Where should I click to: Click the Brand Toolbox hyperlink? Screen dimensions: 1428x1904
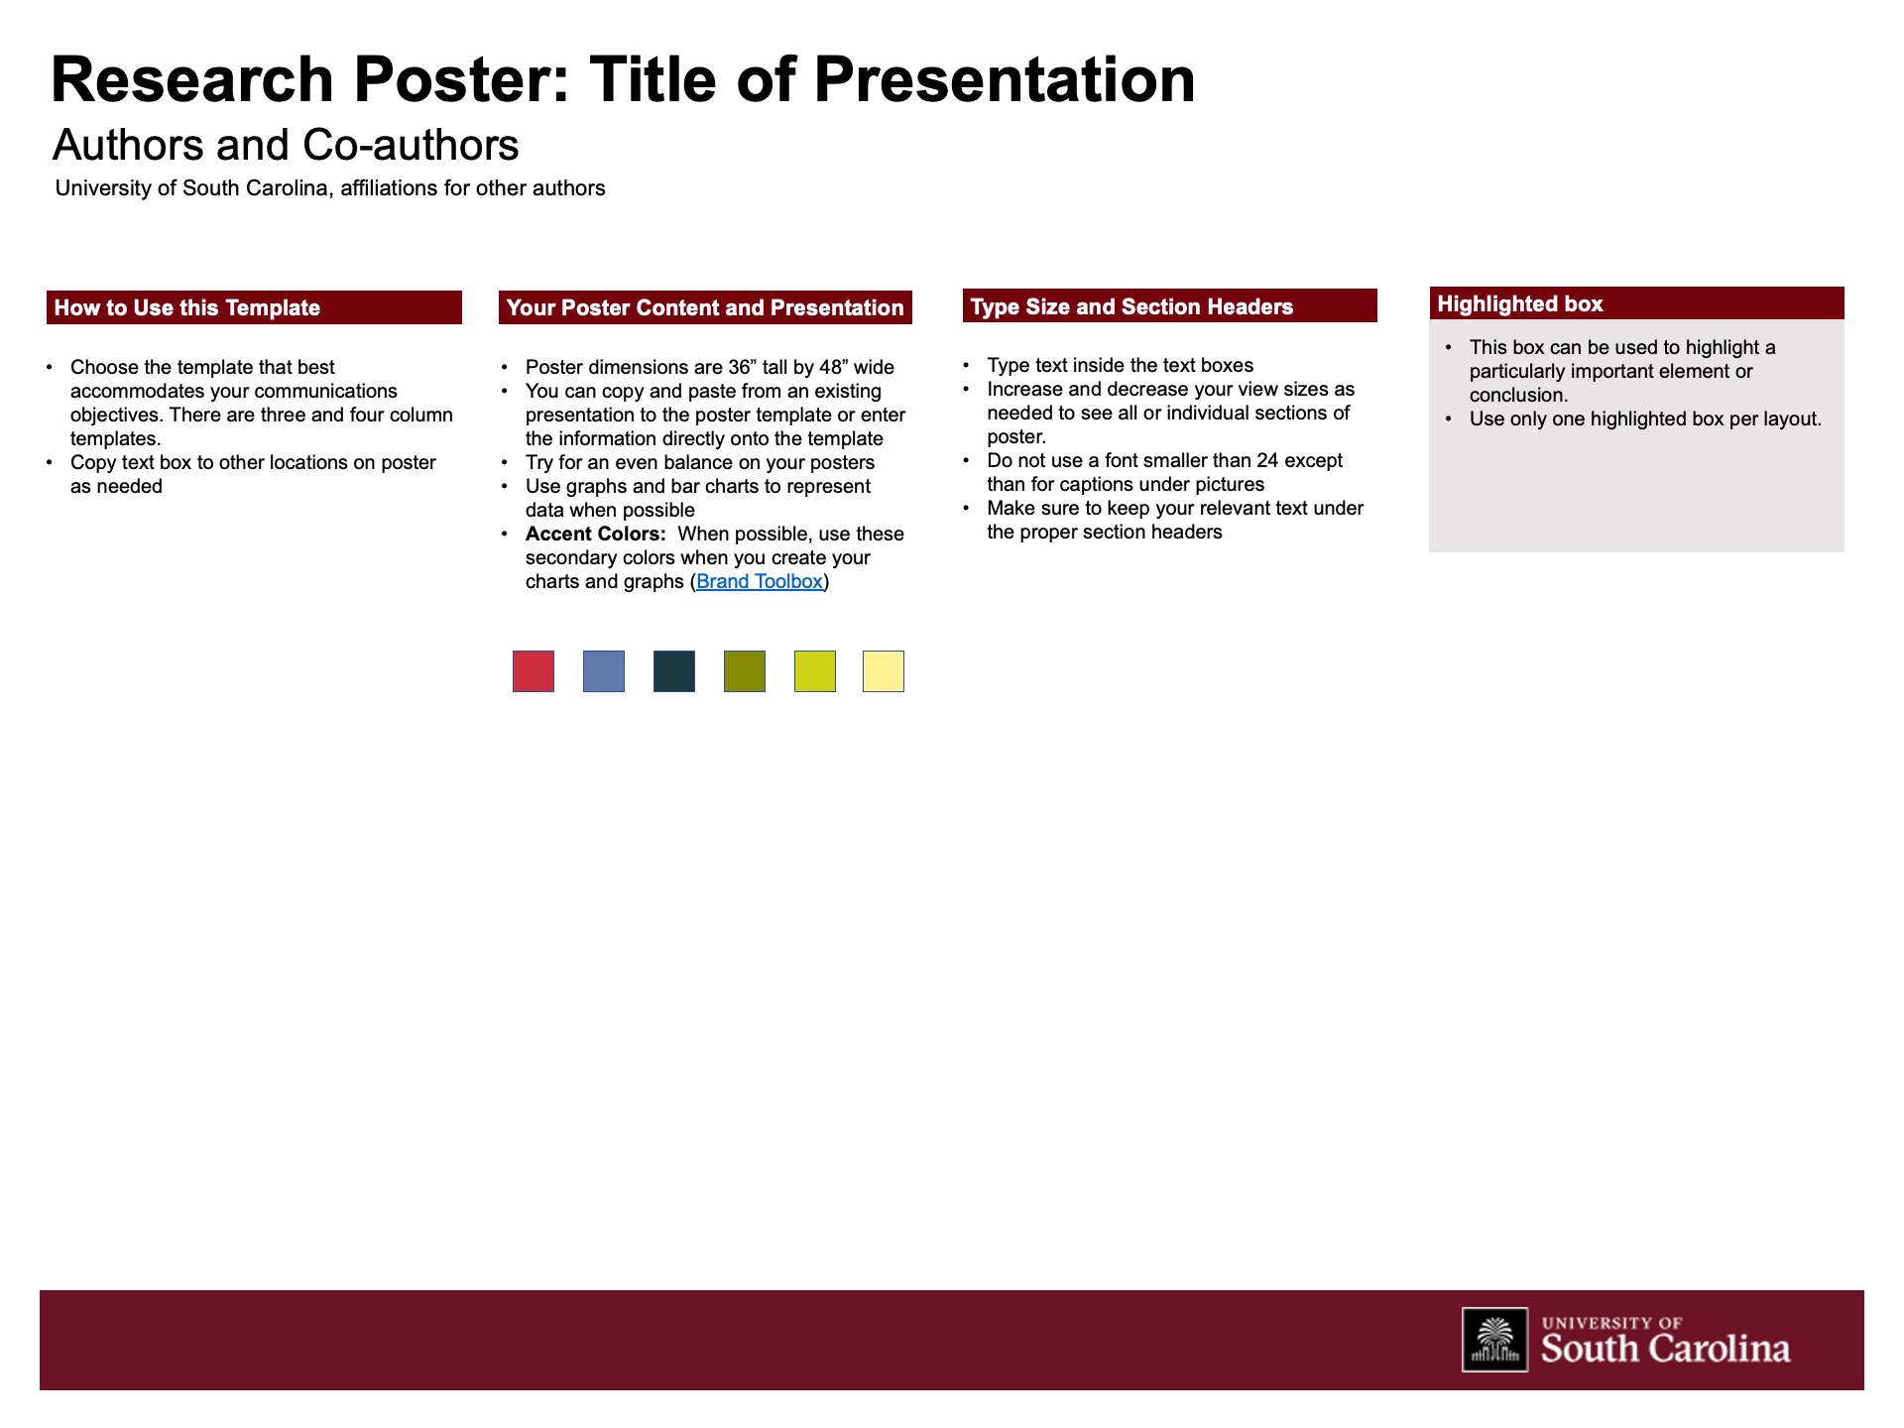760,582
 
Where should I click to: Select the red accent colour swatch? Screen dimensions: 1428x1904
534,671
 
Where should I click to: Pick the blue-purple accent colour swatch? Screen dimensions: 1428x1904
604,671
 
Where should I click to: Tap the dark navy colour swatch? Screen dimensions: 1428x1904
674,671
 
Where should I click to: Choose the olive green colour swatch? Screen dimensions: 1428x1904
745,671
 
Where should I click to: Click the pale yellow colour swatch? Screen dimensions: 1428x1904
884,671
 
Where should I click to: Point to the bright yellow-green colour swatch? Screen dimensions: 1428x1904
815,671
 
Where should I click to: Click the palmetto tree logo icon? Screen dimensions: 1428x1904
1494,1340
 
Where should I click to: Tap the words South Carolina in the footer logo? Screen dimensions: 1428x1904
1665,1349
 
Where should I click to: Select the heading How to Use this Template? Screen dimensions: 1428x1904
187,308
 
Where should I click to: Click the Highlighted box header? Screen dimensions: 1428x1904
1520,304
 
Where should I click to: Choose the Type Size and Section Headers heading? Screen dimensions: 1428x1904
1131,307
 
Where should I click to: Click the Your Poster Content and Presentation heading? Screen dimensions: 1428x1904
705,308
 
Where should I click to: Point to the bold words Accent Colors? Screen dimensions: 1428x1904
595,535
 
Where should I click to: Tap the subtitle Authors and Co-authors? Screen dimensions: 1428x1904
286,146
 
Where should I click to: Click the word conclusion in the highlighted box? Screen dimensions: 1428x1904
1517,396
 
